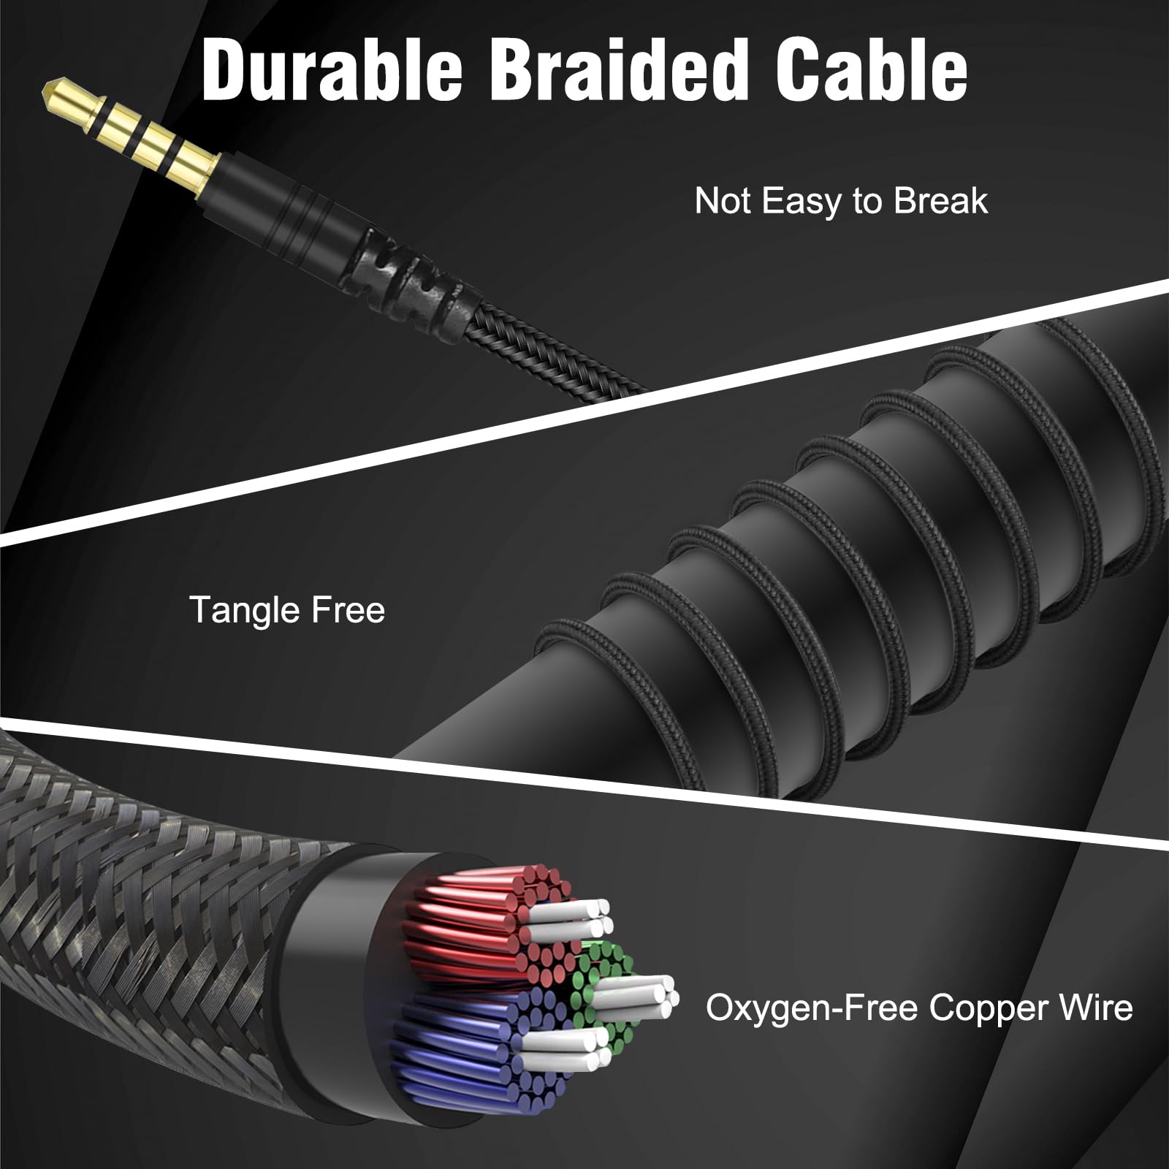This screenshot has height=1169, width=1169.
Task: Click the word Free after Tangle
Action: pyautogui.click(x=348, y=609)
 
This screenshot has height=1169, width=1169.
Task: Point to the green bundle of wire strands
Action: pyautogui.click(x=603, y=972)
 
